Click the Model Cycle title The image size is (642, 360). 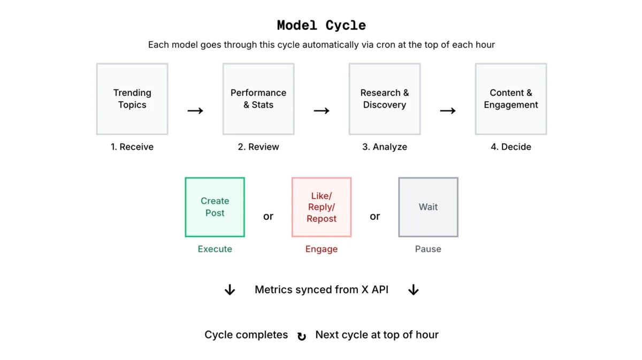click(321, 25)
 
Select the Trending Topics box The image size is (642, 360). click(132, 99)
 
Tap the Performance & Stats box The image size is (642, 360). click(258, 99)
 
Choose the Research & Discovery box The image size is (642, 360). click(385, 99)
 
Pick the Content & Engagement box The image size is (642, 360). click(511, 99)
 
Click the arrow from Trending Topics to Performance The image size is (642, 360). click(195, 111)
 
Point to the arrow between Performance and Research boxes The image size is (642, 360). click(322, 111)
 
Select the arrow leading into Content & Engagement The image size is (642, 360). click(448, 111)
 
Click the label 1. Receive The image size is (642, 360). click(132, 147)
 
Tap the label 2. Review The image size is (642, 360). click(258, 147)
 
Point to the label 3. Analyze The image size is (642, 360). click(385, 147)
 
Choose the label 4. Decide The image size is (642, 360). click(511, 147)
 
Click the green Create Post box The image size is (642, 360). click(215, 207)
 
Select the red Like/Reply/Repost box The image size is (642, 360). click(322, 207)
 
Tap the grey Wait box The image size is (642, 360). click(428, 207)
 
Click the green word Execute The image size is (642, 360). click(215, 249)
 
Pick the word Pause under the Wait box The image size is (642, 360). click(428, 249)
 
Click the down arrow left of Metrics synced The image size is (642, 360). click(230, 290)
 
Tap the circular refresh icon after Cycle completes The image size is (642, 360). click(302, 336)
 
